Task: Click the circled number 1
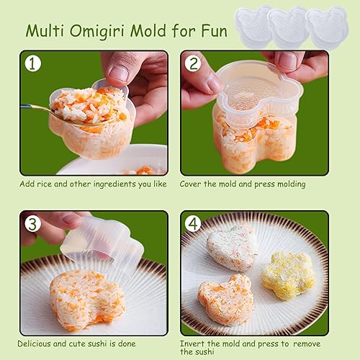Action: tap(32, 63)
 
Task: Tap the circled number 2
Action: tap(193, 63)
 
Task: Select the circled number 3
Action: tap(32, 223)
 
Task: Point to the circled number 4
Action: tap(193, 223)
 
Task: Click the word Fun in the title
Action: tap(214, 30)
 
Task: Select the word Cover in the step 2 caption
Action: tap(190, 184)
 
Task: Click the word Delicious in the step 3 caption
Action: tap(35, 343)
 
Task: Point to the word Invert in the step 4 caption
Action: tap(192, 343)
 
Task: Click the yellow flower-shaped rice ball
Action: tap(288, 276)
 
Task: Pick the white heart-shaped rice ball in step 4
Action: tap(232, 248)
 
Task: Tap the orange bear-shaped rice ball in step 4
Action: tap(225, 300)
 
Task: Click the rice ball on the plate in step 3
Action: tap(87, 300)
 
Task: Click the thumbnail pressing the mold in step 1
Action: tap(119, 73)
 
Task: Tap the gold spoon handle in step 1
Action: tap(35, 108)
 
